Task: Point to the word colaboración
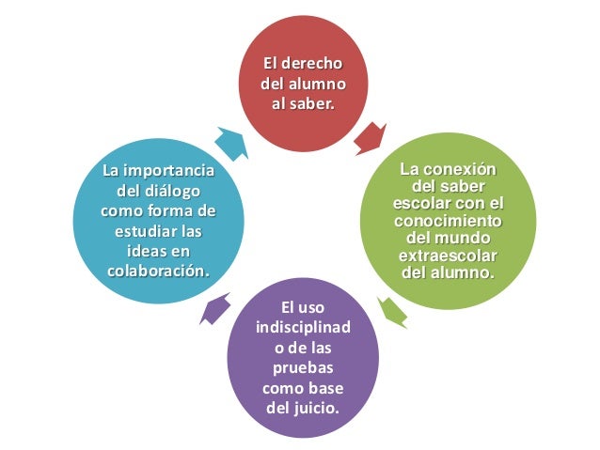coord(156,271)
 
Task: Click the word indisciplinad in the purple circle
coord(301,328)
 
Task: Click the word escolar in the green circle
coord(421,204)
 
